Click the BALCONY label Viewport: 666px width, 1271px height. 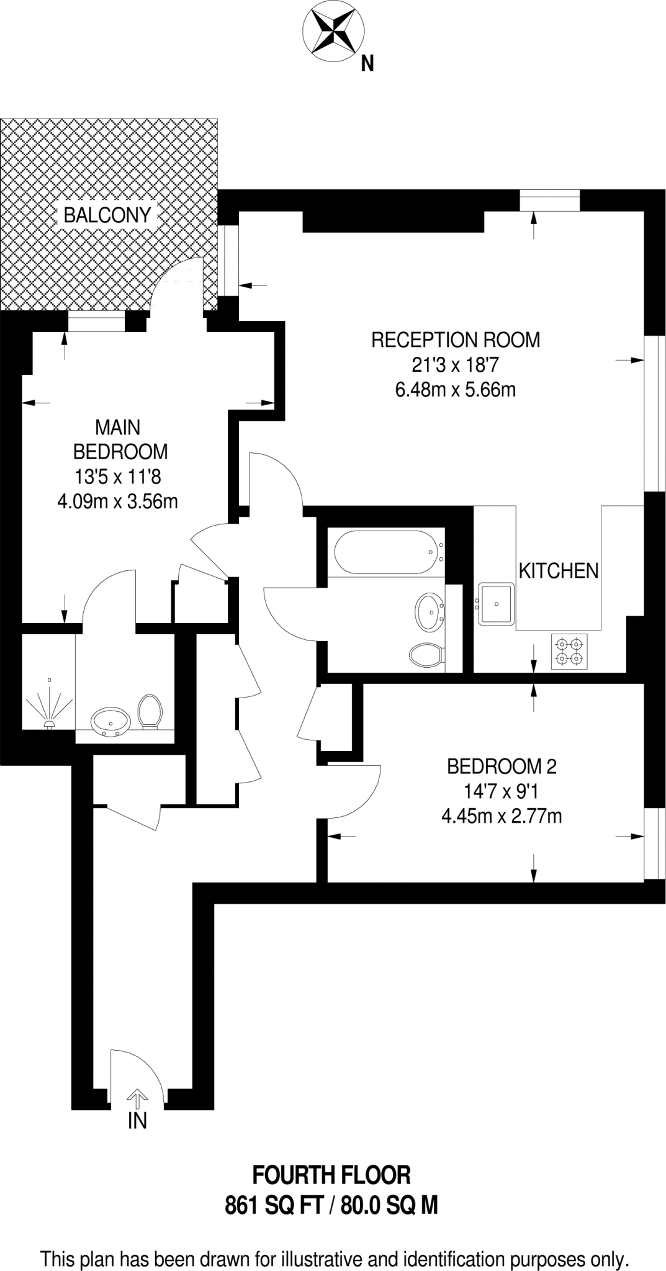(x=107, y=215)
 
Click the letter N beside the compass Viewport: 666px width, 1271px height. (x=367, y=63)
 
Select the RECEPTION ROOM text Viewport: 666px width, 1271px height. (x=456, y=340)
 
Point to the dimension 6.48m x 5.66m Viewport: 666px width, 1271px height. (x=456, y=390)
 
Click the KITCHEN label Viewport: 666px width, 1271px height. (x=558, y=570)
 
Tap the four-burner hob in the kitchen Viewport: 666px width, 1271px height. (x=570, y=650)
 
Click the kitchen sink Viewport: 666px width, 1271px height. (x=497, y=603)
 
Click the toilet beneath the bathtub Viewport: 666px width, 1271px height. (x=426, y=654)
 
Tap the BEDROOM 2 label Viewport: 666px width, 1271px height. (x=502, y=767)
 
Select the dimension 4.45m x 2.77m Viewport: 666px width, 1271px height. (x=502, y=815)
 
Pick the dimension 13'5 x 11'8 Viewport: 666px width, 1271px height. (x=118, y=476)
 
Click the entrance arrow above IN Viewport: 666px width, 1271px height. (x=137, y=1099)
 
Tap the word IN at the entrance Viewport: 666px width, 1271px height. (x=137, y=1121)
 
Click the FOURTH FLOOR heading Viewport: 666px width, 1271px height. (x=331, y=1175)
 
